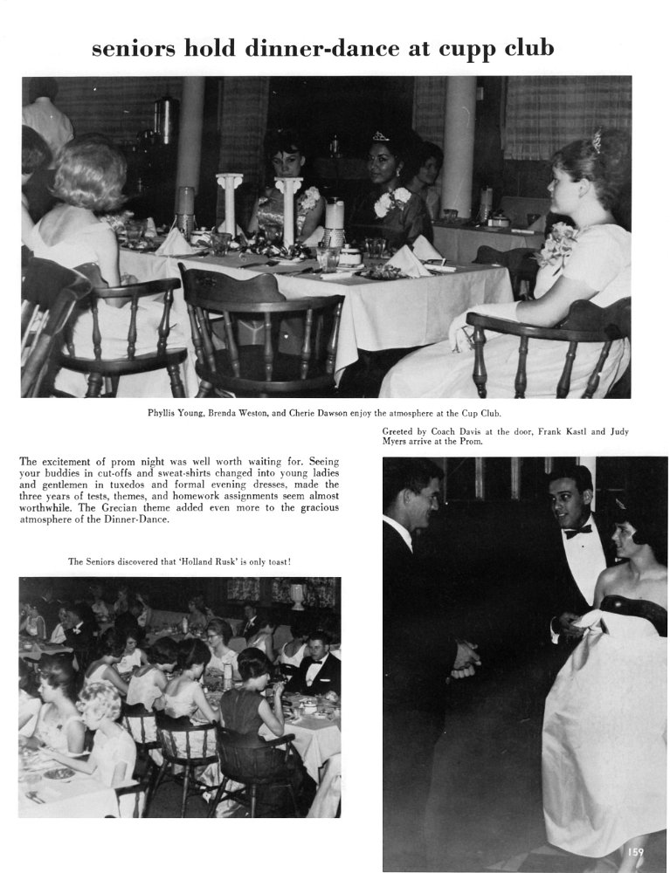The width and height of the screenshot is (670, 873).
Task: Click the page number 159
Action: point(634,851)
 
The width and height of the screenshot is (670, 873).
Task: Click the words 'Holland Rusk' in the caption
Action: point(202,561)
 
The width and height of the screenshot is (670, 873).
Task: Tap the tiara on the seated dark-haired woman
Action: point(381,137)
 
